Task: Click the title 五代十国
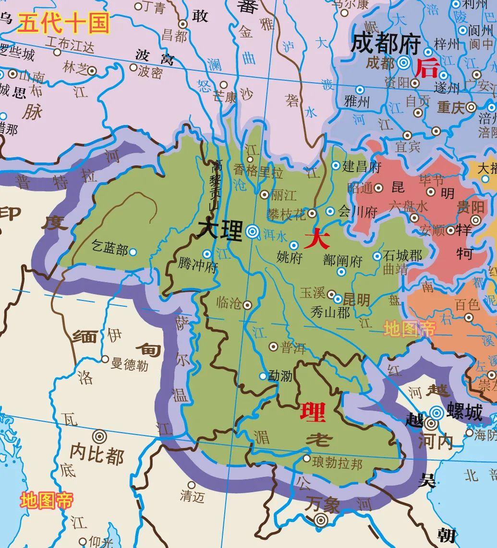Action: tap(63, 24)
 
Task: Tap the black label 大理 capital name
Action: tap(220, 230)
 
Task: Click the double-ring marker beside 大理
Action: tap(252, 232)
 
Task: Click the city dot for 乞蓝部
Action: tap(133, 251)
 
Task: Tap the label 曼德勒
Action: tap(129, 365)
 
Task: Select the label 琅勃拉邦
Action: tap(337, 463)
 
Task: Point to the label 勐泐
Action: tap(280, 376)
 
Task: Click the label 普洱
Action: tap(293, 348)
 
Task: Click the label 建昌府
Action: tap(362, 166)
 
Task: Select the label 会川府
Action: tap(357, 212)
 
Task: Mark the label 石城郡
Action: tap(402, 255)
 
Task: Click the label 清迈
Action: tap(192, 496)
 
